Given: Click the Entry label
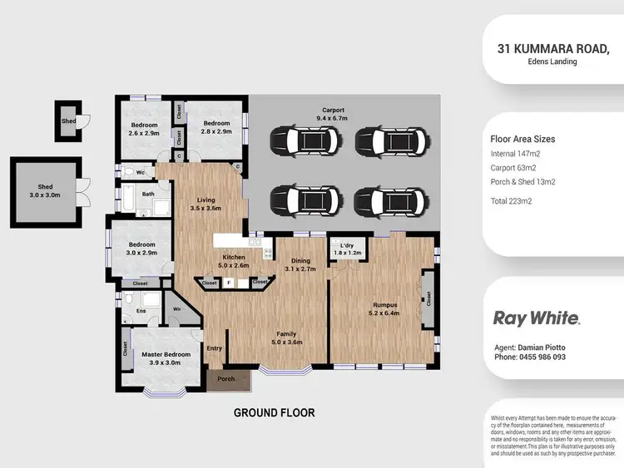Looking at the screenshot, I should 215,348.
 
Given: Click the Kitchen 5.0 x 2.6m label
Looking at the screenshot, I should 234,262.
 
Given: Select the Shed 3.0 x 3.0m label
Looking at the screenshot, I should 45,191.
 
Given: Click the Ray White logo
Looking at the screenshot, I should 537,318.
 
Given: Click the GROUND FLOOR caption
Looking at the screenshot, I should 273,412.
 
